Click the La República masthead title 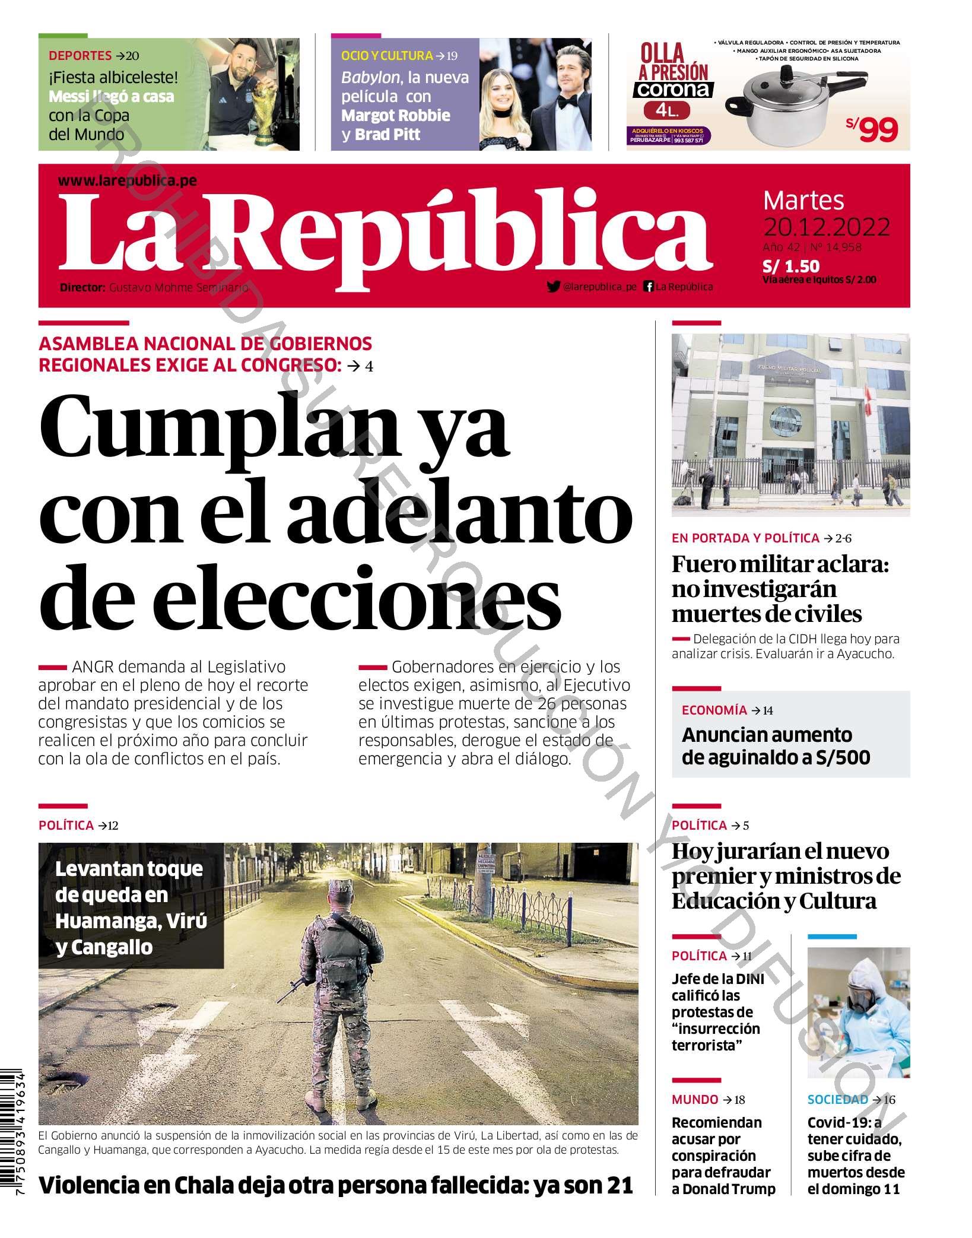pyautogui.click(x=386, y=237)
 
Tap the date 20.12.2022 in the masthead pyautogui.click(x=826, y=227)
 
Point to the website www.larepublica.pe pyautogui.click(x=128, y=181)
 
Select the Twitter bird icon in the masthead pyautogui.click(x=553, y=287)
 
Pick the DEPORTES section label pyautogui.click(x=80, y=56)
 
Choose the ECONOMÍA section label pyautogui.click(x=714, y=710)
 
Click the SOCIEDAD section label pyautogui.click(x=837, y=1100)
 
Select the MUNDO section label pyautogui.click(x=695, y=1100)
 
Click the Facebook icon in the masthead pyautogui.click(x=649, y=287)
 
